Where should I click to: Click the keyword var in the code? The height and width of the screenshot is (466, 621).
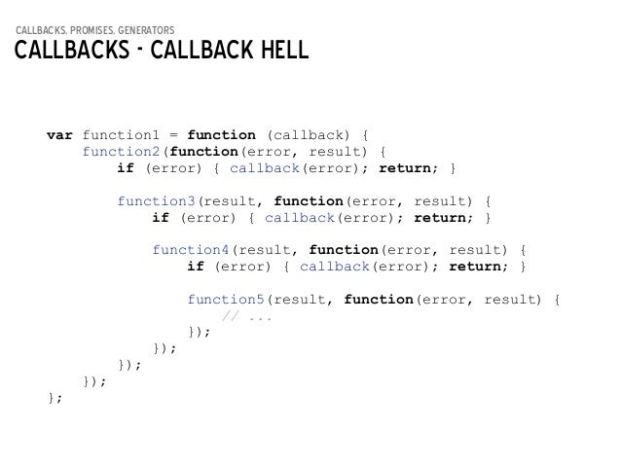pos(59,133)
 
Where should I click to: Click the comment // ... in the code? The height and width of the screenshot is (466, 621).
pos(247,315)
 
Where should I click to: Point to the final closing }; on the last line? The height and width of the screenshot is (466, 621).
pos(55,398)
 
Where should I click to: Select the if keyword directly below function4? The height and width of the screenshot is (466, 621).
pos(196,266)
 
